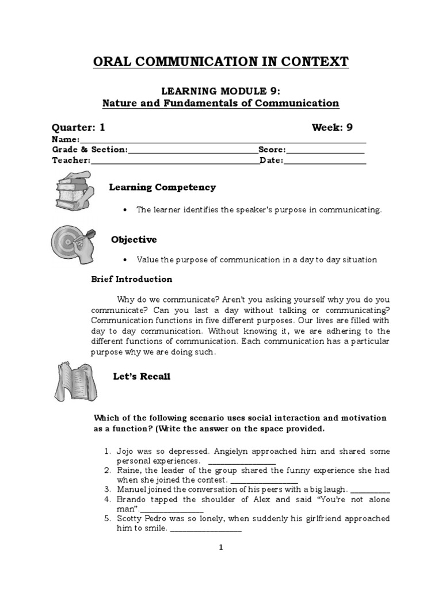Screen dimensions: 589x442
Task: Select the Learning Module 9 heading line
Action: pos(221,91)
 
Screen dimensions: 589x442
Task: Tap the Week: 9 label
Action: pos(332,127)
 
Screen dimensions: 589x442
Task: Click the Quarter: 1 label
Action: pos(79,127)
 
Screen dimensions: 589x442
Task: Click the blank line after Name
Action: pos(222,141)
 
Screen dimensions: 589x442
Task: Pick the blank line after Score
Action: pos(326,151)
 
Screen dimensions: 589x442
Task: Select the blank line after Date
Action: pos(325,162)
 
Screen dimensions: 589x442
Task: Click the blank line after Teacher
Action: pos(175,162)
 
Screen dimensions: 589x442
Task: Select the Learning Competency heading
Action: pos(163,188)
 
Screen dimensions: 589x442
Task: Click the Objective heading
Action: pos(134,239)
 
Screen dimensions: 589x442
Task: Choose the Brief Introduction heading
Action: pos(132,279)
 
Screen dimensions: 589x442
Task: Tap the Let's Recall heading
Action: pos(142,377)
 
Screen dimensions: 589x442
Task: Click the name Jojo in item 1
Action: pos(126,451)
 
